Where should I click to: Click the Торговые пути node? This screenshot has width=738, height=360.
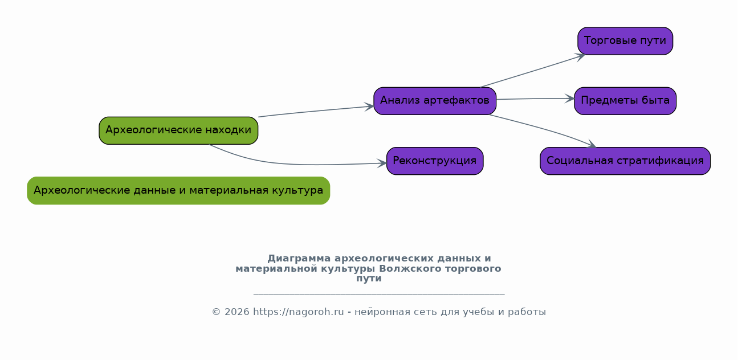(x=625, y=41)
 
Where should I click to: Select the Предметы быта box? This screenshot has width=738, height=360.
(x=625, y=101)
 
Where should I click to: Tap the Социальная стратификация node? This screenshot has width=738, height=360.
(x=625, y=161)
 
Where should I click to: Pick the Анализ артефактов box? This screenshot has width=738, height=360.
(x=435, y=101)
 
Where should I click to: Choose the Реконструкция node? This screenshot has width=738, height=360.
(x=435, y=161)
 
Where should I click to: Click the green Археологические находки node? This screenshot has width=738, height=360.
(x=178, y=130)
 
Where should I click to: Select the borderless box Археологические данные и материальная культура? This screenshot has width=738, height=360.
(x=178, y=190)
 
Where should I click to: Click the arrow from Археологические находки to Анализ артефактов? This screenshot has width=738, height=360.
(x=316, y=111)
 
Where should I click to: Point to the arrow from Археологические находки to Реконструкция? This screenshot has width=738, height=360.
(x=296, y=164)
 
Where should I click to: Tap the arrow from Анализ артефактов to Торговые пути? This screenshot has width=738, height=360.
(x=533, y=71)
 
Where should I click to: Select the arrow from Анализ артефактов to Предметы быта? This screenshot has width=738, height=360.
(x=535, y=99)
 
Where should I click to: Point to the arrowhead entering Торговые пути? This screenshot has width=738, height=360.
(x=581, y=56)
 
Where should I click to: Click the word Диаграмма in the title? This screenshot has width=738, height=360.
(x=299, y=258)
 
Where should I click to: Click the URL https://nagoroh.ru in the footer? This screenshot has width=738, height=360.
(x=298, y=312)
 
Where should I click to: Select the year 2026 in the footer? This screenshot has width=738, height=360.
(x=237, y=312)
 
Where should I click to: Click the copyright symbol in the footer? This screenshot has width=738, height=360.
(x=216, y=312)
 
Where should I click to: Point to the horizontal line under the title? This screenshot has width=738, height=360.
(x=379, y=293)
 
